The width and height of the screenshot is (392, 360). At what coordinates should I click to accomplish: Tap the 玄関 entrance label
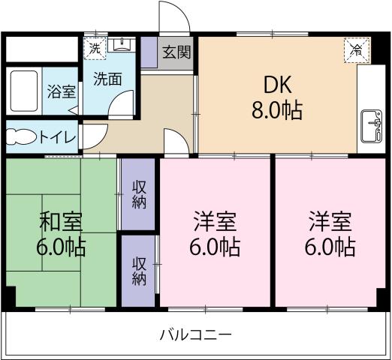177,52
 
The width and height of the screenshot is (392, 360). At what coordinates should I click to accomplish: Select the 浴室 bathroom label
62,91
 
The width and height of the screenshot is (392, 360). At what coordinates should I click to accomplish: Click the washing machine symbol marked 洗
94,46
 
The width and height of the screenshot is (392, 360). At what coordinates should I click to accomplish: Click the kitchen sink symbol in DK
369,124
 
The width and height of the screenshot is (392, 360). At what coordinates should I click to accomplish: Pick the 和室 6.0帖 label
61,233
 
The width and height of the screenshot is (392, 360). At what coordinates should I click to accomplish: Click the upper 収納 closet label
140,194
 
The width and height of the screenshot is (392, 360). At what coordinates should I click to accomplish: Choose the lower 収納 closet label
140,271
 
